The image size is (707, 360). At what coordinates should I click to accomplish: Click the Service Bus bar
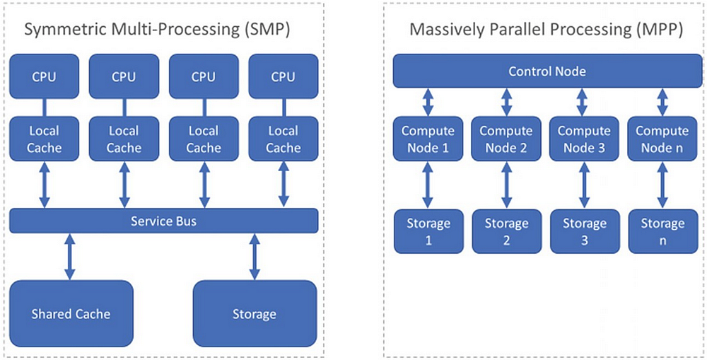click(x=163, y=221)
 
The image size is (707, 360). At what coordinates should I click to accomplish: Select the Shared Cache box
click(x=71, y=313)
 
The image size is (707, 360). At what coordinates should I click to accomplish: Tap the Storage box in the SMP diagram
click(x=254, y=313)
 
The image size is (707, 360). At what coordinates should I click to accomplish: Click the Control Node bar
click(x=547, y=71)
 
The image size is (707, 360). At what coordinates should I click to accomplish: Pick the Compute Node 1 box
click(x=428, y=139)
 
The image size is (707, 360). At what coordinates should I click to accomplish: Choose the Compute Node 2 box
click(x=506, y=139)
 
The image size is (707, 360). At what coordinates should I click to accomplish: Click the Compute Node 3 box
click(x=584, y=139)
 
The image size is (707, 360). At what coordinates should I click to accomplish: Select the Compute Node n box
click(x=662, y=139)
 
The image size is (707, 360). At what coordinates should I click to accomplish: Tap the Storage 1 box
click(x=428, y=231)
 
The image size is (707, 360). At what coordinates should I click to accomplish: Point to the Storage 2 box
click(x=506, y=231)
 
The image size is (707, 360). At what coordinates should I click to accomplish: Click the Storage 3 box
click(x=584, y=231)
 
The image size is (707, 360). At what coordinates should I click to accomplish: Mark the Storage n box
click(x=662, y=231)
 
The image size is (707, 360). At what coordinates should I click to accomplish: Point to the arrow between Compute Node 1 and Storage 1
click(x=428, y=185)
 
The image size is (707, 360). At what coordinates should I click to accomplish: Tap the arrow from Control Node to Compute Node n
click(x=662, y=101)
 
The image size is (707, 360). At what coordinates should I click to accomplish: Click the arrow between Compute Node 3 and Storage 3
click(x=584, y=185)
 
